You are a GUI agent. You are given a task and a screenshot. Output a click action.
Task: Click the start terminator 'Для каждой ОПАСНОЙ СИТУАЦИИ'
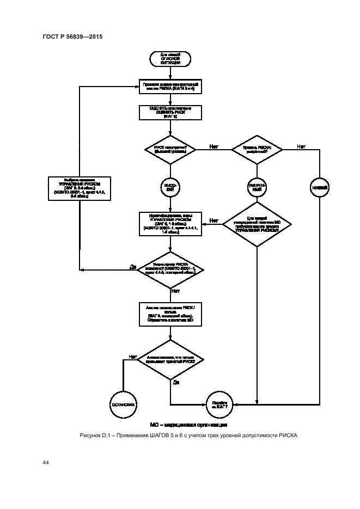pos(171,59)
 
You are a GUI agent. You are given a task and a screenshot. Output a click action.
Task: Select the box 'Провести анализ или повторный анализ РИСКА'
pos(171,87)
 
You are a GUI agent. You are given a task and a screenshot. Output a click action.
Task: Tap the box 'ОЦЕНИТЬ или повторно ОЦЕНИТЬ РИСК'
pos(171,113)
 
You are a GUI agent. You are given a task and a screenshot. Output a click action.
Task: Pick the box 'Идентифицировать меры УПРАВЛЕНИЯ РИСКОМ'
pos(171,224)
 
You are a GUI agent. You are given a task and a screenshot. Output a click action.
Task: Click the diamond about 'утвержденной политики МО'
pos(256,224)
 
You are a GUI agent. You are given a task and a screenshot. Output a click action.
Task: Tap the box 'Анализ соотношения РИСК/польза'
pos(171,315)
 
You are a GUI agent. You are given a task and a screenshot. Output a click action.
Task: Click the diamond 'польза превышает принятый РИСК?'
pos(171,360)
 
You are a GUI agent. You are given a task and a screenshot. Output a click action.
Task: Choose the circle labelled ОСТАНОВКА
pos(123,404)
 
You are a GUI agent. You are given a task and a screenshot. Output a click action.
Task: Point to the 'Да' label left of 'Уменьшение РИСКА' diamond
pos(132,267)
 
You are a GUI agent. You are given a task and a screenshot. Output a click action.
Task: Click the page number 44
pos(46,462)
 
